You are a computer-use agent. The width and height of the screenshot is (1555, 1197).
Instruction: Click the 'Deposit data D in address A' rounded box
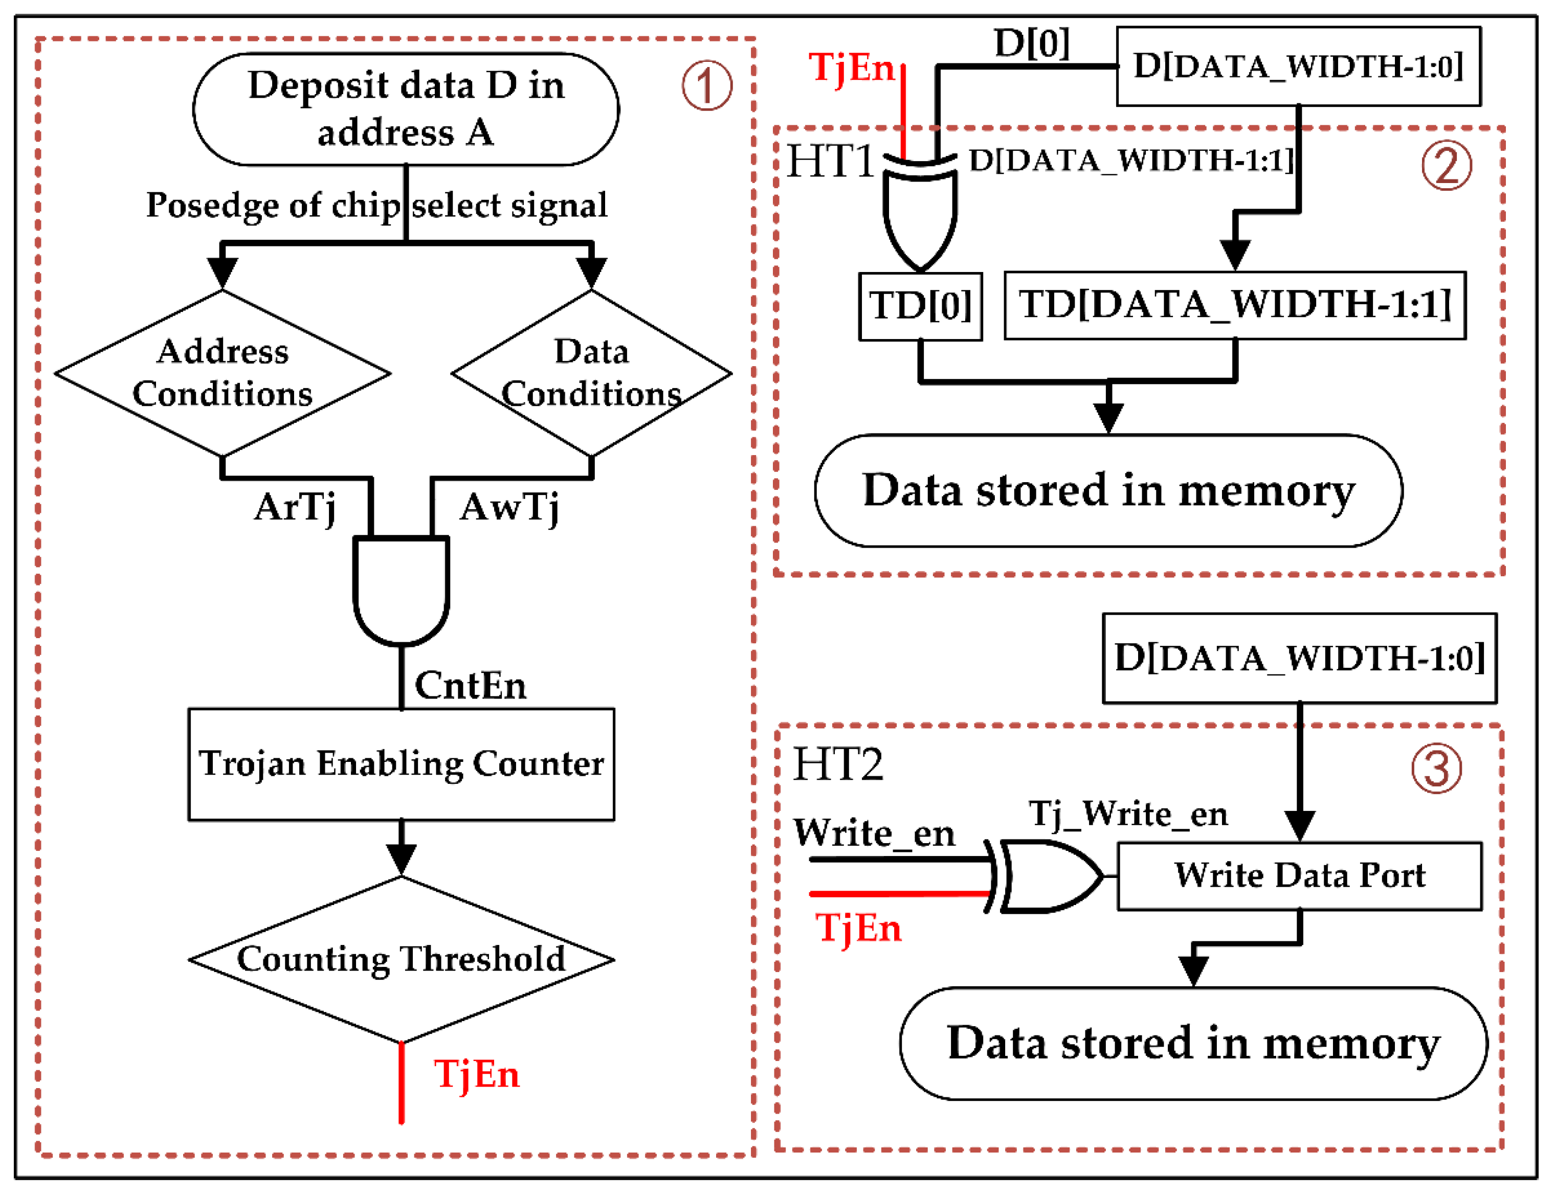coord(406,109)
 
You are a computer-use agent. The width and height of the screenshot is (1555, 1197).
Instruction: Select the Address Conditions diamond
coord(222,373)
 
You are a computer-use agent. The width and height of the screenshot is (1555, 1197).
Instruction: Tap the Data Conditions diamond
coord(591,373)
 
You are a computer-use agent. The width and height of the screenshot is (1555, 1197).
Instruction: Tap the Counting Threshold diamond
coord(401,959)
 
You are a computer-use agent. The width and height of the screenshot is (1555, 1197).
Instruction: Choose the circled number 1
coord(706,85)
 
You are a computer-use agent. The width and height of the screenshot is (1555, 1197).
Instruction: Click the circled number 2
coord(1446,166)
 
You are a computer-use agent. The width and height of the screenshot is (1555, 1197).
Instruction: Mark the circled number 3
coord(1436,769)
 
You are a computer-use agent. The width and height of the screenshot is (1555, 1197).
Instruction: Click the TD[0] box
coord(920,306)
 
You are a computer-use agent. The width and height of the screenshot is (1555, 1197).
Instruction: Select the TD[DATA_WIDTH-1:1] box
coord(1235,305)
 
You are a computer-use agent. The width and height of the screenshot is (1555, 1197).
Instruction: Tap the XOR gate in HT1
coord(920,214)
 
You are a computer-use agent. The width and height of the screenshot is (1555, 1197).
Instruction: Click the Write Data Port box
coord(1299,876)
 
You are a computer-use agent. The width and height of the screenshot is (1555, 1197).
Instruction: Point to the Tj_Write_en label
coord(1128,814)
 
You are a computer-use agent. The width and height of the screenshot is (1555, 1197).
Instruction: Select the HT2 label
coord(837,764)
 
